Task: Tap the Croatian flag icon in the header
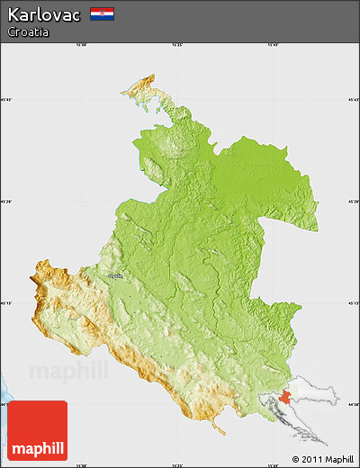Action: [102, 13]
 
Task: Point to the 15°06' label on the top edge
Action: [82, 44]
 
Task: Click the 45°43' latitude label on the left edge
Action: [6, 100]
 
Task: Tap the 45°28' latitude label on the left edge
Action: [6, 202]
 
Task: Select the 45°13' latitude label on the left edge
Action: [6, 302]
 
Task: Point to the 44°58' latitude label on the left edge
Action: [6, 405]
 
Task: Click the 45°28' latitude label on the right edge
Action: [354, 202]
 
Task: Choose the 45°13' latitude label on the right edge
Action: [354, 302]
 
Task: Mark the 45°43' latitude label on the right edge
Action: [354, 100]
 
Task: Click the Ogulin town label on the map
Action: [115, 276]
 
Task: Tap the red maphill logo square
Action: [37, 430]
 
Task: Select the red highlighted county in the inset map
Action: [285, 397]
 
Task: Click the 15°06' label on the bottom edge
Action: [82, 464]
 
